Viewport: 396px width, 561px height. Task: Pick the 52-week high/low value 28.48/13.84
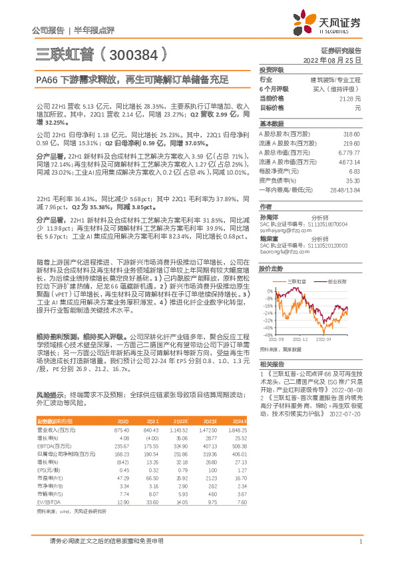click(x=345, y=189)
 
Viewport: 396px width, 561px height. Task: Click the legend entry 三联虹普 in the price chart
click(x=297, y=282)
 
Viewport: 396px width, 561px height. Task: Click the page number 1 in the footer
click(x=360, y=541)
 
